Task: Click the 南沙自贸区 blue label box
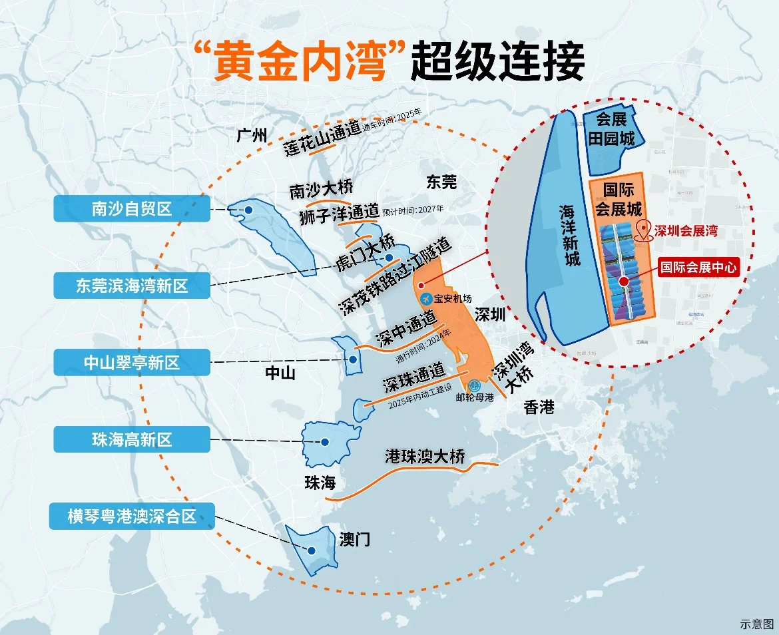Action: coord(132,209)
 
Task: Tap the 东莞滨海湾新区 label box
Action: coord(132,286)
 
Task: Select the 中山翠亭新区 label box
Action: coord(132,363)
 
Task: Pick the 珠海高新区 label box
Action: coord(132,439)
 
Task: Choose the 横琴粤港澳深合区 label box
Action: coord(132,516)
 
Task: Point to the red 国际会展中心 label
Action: coord(698,268)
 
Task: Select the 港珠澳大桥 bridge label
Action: coord(425,457)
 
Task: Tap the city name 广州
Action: coord(252,136)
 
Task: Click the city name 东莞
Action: coord(441,181)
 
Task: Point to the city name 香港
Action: coord(539,407)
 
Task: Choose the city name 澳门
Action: coord(354,538)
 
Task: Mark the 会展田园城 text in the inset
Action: coord(612,128)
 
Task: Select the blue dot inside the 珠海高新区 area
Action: coord(325,442)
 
